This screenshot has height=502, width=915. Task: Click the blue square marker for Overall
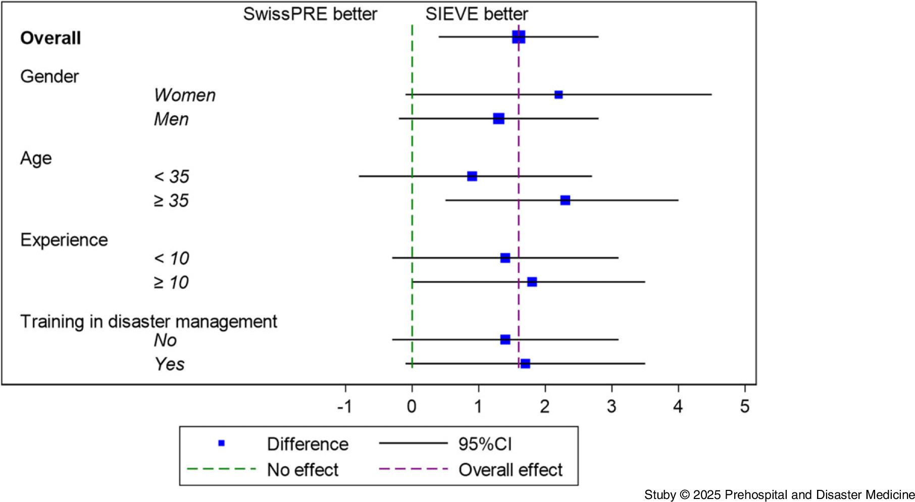(519, 37)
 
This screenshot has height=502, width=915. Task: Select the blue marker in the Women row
(558, 94)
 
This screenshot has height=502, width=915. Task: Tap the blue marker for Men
(498, 119)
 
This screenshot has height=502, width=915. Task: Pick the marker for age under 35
(472, 176)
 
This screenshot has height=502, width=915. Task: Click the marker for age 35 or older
(565, 200)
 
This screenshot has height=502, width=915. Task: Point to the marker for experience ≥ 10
(532, 282)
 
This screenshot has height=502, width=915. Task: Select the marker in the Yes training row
(525, 364)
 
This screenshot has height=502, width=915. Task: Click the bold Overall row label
(50, 38)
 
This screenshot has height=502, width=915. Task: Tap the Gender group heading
(49, 77)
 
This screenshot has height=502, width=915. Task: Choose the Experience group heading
(64, 240)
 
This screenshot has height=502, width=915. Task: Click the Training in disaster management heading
(148, 322)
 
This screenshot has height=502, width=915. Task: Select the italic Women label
(185, 95)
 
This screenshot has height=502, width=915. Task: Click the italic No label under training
(165, 340)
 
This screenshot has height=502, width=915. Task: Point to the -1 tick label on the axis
(344, 407)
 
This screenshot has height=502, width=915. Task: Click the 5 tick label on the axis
(745, 407)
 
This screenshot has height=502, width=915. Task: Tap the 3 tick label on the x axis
(612, 407)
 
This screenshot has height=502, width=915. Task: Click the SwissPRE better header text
(310, 14)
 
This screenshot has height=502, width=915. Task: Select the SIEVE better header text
(477, 14)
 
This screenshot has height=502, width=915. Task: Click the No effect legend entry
(302, 470)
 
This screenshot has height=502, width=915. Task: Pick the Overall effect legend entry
(510, 470)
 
